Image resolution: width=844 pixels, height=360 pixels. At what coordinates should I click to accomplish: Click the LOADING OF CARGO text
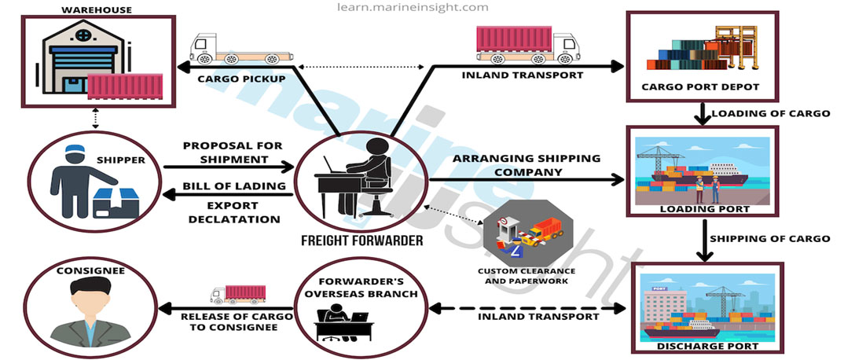point(770,113)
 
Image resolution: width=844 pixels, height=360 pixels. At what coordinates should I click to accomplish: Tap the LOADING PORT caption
point(705,210)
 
